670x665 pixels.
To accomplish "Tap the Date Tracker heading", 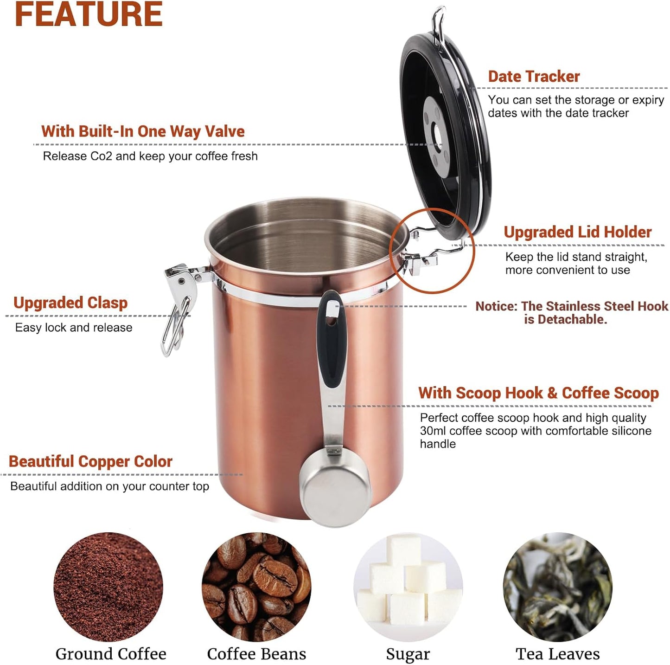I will [534, 77].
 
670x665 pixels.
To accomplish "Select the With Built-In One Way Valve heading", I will [143, 131].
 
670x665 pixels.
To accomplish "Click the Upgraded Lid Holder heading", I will [577, 232].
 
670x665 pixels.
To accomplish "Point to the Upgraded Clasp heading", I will [70, 303].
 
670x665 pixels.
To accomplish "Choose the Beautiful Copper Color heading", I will [90, 461].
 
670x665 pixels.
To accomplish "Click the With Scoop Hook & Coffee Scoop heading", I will [538, 393].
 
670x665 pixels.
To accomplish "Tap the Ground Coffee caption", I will [111, 654].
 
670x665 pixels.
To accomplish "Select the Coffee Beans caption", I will [256, 654].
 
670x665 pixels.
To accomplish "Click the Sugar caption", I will [408, 654].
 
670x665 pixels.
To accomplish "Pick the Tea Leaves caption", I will [558, 654].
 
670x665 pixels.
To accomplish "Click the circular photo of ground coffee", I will [108, 587].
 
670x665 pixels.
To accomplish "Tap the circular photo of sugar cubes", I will [408, 587].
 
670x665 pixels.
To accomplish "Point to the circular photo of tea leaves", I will [558, 587].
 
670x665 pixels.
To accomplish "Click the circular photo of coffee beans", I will [256, 587].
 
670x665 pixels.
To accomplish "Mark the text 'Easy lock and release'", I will [74, 328].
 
